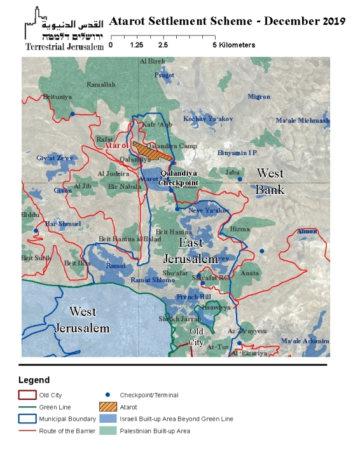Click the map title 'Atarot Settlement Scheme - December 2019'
pyautogui.click(x=227, y=20)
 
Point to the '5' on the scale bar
pyautogui.click(x=215, y=45)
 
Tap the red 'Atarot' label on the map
pyautogui.click(x=116, y=145)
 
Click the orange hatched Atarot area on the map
pyautogui.click(x=152, y=151)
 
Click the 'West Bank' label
pyautogui.click(x=270, y=181)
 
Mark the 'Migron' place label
pyautogui.click(x=259, y=97)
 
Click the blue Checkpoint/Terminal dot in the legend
pyautogui.click(x=109, y=395)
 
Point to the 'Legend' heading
pyautogui.click(x=34, y=380)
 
